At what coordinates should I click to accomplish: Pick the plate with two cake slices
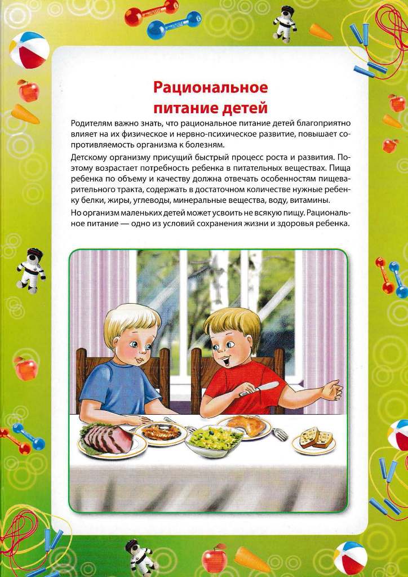(x=313, y=440)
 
